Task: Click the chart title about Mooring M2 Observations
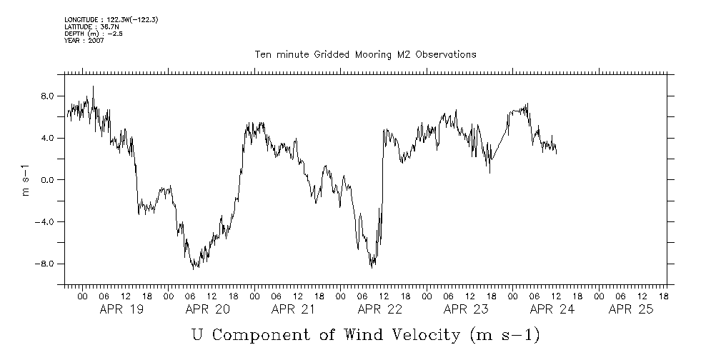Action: coord(365,54)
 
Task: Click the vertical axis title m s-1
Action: coord(26,180)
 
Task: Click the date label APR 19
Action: coord(121,309)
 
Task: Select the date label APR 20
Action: coord(207,309)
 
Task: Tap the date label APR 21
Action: coord(293,309)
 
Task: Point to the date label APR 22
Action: coord(379,309)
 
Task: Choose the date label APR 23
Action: coord(465,309)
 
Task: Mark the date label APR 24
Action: coord(552,309)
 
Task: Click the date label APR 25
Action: coord(631,309)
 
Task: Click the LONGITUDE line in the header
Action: coord(111,19)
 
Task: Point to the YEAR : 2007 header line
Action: coord(84,41)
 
